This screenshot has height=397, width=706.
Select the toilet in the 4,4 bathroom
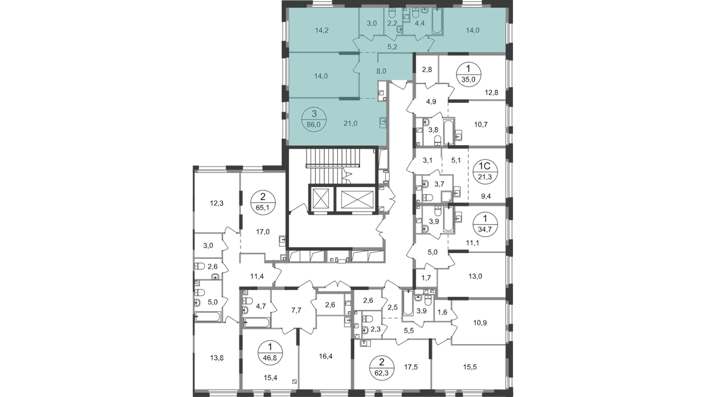417,12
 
